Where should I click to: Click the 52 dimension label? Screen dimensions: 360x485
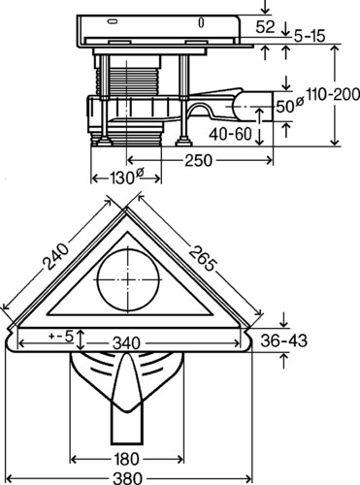click(x=265, y=26)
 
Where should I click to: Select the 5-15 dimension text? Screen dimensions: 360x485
click(x=310, y=36)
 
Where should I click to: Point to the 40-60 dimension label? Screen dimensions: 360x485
click(x=230, y=134)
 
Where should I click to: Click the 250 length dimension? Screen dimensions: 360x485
click(x=199, y=160)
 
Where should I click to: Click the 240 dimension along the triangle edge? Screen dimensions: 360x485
click(x=57, y=256)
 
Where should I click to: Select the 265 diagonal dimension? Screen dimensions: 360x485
click(x=202, y=258)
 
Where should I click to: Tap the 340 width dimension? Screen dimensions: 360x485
click(x=126, y=343)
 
